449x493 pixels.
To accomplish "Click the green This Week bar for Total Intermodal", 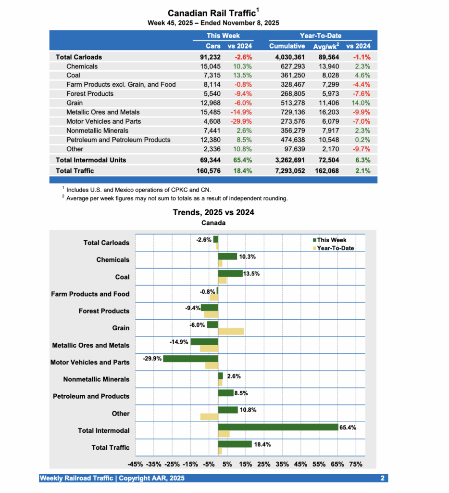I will pyautogui.click(x=278, y=427).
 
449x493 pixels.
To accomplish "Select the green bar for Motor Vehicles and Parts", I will pyautogui.click(x=190, y=359).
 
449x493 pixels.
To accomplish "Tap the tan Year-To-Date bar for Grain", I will pyautogui.click(x=231, y=331).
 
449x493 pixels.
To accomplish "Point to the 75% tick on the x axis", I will pyautogui.click(x=356, y=464).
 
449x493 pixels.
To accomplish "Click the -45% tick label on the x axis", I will pyautogui.click(x=135, y=464).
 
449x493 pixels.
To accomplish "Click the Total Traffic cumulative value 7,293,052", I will pyautogui.click(x=287, y=170).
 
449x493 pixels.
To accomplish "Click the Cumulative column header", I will pyautogui.click(x=287, y=46).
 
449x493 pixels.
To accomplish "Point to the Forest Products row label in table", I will pyautogui.click(x=90, y=93).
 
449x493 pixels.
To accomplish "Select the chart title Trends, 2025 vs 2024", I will pyautogui.click(x=213, y=212).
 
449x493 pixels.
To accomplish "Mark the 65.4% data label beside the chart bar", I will pyautogui.click(x=348, y=427).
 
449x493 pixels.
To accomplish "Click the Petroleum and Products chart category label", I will pyautogui.click(x=91, y=396).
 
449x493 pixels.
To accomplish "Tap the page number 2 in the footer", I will pyautogui.click(x=382, y=478).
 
